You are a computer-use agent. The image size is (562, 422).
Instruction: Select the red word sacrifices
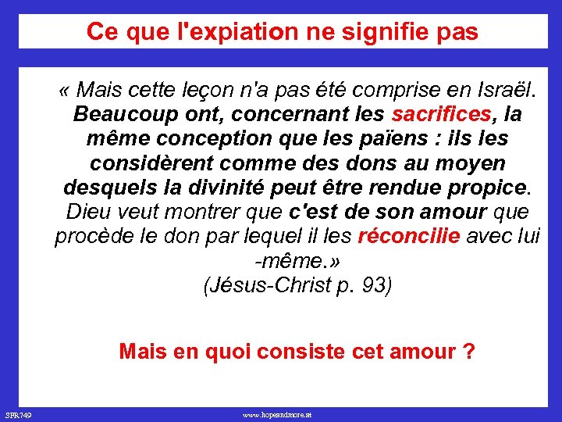tap(441, 114)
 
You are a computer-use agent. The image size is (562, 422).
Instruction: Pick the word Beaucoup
tap(125, 114)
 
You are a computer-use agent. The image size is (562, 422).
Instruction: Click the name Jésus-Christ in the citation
tap(269, 285)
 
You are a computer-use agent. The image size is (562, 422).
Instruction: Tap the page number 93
tap(373, 285)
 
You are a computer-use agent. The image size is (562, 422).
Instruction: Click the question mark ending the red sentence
tap(468, 351)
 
